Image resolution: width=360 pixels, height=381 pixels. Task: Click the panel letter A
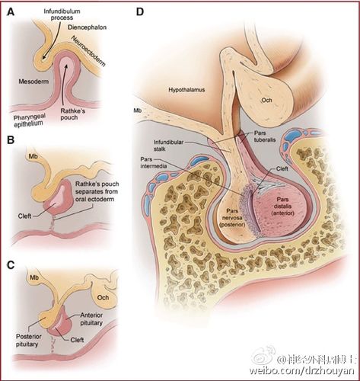(11, 12)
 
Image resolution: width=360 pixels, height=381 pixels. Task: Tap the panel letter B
(11, 140)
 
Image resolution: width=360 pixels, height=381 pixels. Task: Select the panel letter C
(11, 265)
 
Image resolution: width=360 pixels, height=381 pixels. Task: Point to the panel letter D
(140, 11)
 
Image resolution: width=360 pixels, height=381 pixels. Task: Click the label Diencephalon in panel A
(87, 27)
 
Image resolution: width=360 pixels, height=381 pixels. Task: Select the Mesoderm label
(33, 82)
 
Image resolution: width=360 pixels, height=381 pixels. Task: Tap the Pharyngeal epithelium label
(30, 120)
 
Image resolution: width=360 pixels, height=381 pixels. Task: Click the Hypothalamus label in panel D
(186, 90)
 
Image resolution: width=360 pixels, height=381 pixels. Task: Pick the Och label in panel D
(266, 100)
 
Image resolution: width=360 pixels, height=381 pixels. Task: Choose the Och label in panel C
(103, 297)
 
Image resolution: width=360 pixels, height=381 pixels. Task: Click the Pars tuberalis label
(265, 136)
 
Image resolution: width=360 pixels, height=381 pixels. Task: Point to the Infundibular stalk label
(168, 146)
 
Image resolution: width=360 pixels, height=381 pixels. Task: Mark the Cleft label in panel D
(282, 168)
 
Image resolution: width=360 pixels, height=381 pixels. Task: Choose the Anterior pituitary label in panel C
(91, 319)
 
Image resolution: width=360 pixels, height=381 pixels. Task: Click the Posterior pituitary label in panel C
(29, 341)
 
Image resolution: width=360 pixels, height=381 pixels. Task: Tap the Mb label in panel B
(33, 156)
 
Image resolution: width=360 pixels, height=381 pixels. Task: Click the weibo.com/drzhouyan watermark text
(301, 370)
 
